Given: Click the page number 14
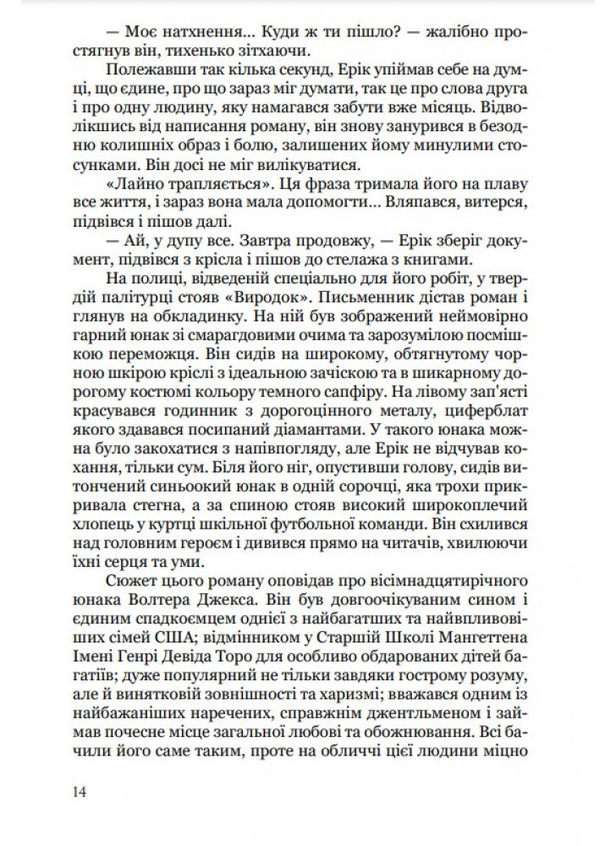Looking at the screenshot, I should pos(80,791).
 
